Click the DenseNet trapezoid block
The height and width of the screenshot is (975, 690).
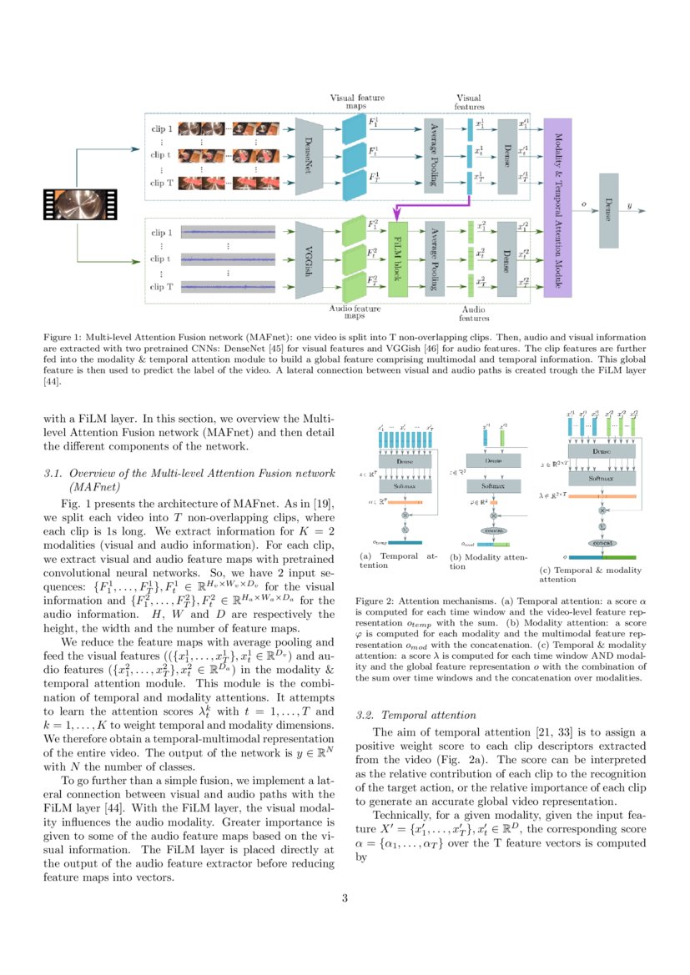pos(309,156)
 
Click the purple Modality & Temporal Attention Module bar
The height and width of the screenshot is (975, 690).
pos(557,207)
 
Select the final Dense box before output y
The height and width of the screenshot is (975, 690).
pos(609,210)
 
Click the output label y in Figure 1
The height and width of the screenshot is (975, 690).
pos(630,204)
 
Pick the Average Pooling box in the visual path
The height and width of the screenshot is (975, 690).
pos(432,156)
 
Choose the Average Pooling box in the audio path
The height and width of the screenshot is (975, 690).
pos(432,259)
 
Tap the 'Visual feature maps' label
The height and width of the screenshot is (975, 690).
pos(357,102)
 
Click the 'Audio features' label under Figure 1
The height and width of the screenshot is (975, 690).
pos(475,313)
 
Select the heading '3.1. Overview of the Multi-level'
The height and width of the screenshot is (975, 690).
pos(189,475)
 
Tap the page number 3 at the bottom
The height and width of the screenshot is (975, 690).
pos(345,898)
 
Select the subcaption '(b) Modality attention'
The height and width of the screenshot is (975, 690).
pos(488,561)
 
